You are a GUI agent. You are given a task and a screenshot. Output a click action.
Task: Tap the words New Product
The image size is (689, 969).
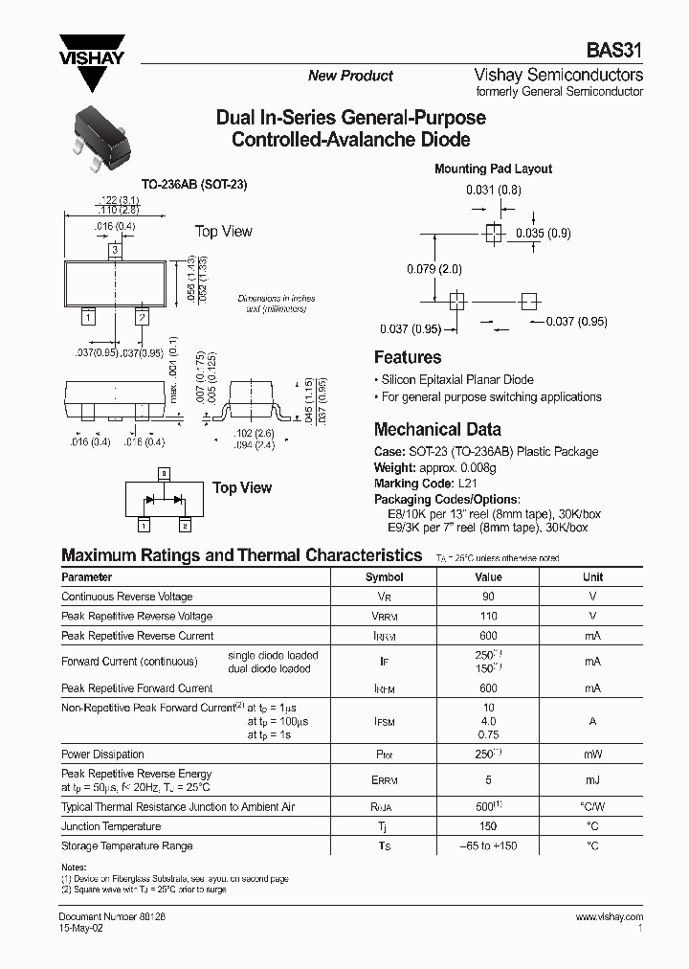[350, 76]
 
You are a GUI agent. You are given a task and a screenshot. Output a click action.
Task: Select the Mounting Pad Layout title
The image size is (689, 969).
[493, 169]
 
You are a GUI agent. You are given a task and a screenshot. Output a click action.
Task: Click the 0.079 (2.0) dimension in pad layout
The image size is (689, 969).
[433, 269]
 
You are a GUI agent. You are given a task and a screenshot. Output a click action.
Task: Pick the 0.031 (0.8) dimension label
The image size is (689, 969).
[494, 191]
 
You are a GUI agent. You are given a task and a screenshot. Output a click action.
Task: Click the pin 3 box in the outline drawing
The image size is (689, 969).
[114, 250]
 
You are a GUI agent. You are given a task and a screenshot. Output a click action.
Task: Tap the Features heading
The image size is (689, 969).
[407, 357]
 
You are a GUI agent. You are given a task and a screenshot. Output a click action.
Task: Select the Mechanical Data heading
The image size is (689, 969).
[436, 430]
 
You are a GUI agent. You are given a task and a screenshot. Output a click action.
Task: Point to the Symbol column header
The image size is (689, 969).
[384, 577]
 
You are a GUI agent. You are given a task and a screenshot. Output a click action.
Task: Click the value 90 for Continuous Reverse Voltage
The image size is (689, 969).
[489, 597]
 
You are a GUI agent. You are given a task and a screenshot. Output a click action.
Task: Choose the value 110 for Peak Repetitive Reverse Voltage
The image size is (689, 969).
[489, 616]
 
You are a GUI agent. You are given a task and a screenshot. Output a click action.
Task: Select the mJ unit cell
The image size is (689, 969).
[592, 779]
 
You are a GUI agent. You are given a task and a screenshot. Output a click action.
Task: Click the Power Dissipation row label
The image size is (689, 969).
[102, 755]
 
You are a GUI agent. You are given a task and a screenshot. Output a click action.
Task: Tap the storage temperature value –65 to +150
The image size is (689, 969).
[489, 845]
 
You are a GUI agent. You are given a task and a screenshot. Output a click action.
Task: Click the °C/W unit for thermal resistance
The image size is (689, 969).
[592, 807]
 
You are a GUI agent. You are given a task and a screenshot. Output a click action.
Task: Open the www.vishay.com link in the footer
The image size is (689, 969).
[609, 916]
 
